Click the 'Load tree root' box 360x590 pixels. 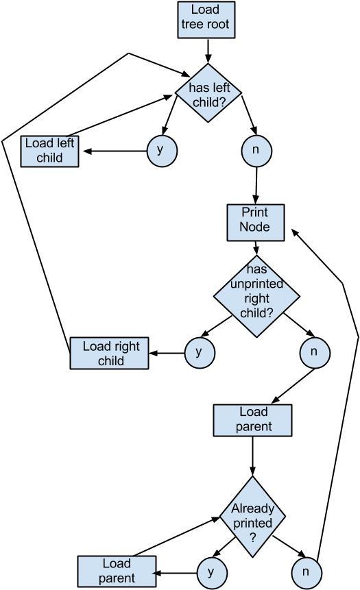tap(206, 20)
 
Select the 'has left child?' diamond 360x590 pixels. tap(208, 93)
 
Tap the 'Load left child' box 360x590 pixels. tap(49, 151)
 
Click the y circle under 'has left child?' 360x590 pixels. tap(162, 151)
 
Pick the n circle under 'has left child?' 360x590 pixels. tap(256, 151)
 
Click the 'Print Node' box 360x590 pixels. tap(256, 223)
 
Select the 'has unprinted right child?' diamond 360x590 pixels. tap(257, 296)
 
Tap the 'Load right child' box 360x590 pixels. tap(109, 354)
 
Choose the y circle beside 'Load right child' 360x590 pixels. tap(200, 353)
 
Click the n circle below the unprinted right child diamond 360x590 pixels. tap(315, 353)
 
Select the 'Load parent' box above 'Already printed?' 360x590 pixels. tap(252, 420)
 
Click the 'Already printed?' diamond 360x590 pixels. tap(252, 517)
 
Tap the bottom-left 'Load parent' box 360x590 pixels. tap(117, 571)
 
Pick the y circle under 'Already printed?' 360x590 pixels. tap(212, 573)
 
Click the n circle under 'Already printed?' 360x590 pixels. tap(307, 573)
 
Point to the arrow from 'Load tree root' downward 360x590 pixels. tap(208, 51)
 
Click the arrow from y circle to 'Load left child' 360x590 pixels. tap(115, 151)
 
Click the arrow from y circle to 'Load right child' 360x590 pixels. tap(167, 354)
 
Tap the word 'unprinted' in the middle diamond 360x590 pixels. tap(257, 284)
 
